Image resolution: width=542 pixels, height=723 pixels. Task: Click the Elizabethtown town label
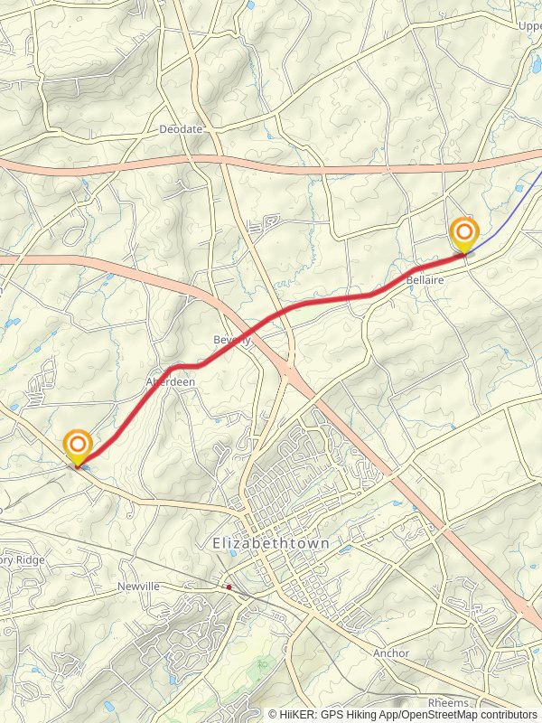pos(270,544)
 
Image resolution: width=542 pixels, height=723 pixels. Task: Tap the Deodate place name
pos(181,129)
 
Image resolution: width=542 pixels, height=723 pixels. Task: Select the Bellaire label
pos(425,282)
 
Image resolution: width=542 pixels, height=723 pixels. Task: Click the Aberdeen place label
pos(171,382)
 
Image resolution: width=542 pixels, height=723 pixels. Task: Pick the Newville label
pos(138,587)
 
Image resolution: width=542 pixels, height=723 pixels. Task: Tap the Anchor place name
pos(391,653)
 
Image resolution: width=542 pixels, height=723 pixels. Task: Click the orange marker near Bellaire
pos(464,234)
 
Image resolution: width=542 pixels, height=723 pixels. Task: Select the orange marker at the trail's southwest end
pos(79,446)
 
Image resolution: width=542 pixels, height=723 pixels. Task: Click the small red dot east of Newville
pos(229,587)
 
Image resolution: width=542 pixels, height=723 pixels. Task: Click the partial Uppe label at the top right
pos(528,25)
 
